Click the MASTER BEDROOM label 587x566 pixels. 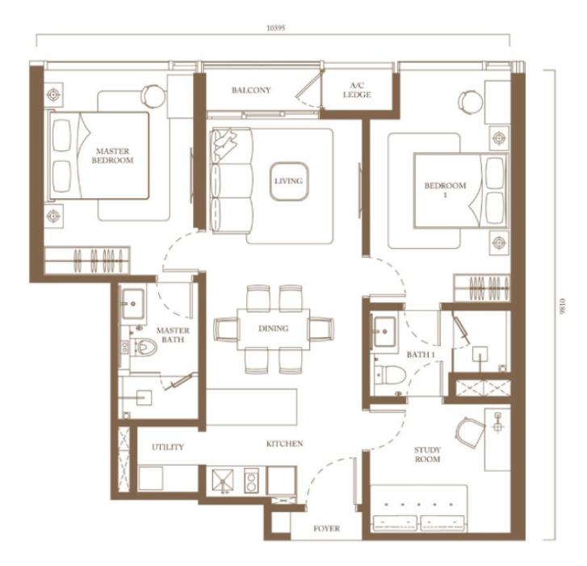[113, 155]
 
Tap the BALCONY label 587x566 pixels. [251, 90]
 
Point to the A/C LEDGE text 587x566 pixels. [357, 90]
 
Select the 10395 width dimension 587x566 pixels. [276, 27]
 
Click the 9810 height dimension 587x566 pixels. [560, 306]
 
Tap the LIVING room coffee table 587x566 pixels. [289, 181]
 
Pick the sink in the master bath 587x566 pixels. [132, 303]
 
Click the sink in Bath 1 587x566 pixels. [384, 332]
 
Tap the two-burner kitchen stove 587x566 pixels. [251, 481]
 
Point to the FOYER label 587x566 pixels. [327, 529]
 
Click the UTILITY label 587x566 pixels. [168, 447]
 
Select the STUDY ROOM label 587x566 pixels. [427, 454]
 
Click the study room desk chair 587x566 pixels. [469, 432]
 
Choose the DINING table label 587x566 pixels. [274, 328]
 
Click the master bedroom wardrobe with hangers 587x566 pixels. [87, 260]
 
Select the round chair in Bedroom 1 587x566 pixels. [471, 102]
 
